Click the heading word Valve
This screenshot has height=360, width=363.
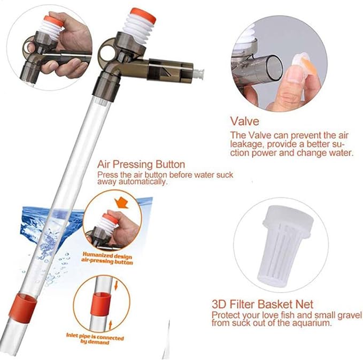coord(245,121)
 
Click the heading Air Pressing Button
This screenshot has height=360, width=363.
coord(141,164)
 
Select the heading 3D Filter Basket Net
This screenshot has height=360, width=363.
coord(262,304)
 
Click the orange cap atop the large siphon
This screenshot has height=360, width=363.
coord(143,16)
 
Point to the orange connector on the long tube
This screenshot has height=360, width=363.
coord(22,308)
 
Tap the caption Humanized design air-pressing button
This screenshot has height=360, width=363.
coord(107,258)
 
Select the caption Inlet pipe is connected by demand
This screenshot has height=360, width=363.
coord(95,339)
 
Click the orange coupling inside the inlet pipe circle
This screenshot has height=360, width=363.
coord(101,304)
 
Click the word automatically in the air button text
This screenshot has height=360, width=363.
coord(143,182)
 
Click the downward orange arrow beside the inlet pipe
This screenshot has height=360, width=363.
coord(116,286)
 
